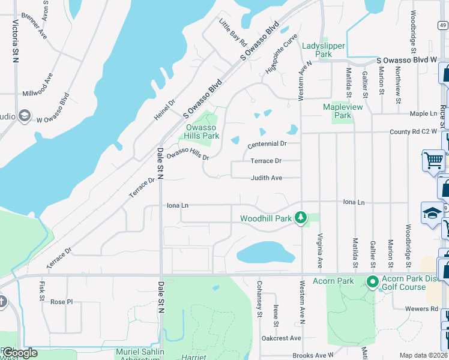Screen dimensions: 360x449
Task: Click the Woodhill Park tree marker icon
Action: click(301, 218)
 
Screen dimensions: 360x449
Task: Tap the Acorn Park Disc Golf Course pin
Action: click(372, 281)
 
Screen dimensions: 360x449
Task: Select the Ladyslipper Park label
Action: click(317, 50)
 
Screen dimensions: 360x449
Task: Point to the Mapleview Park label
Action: click(343, 111)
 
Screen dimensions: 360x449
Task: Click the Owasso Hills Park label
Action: click(201, 131)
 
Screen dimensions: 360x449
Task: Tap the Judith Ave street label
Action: click(267, 178)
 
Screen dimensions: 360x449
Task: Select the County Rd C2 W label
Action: click(414, 132)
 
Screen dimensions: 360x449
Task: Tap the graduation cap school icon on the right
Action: click(432, 213)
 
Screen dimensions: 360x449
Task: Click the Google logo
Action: click(20, 353)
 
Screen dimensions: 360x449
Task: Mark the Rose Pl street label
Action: click(61, 302)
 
